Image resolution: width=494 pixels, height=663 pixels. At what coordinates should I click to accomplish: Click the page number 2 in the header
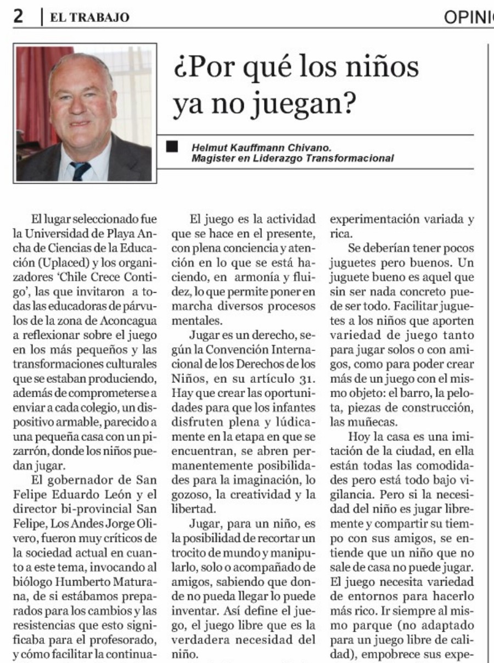[x=18, y=17]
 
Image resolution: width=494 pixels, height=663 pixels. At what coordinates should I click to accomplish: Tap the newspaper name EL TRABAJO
[x=89, y=18]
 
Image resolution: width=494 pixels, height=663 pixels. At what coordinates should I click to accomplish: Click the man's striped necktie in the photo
[x=80, y=171]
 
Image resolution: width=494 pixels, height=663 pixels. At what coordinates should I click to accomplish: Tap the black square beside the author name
[x=173, y=146]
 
